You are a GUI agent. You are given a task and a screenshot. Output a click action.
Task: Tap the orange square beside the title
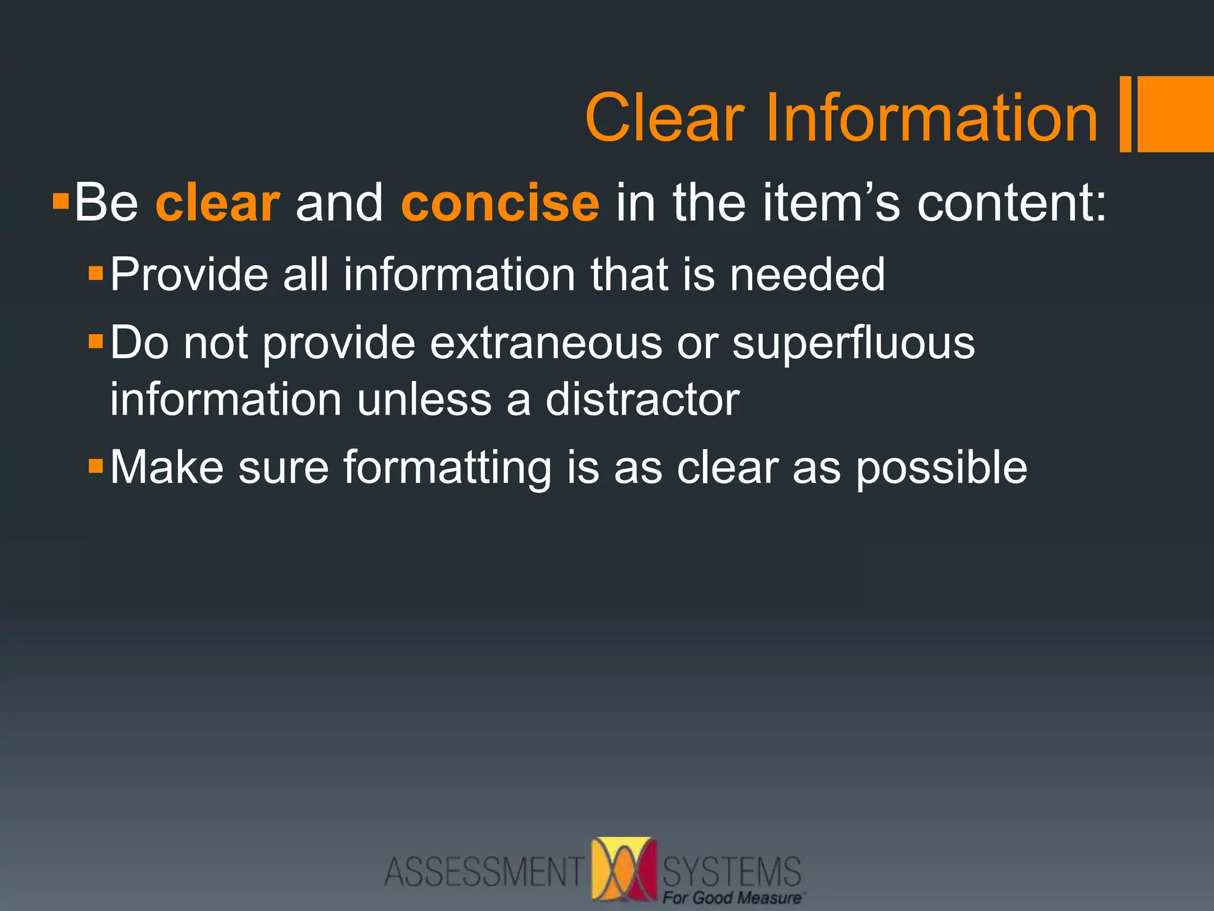click(1175, 114)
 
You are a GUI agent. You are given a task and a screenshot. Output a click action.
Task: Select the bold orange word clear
click(217, 203)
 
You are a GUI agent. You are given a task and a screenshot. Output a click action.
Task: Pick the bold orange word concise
click(500, 203)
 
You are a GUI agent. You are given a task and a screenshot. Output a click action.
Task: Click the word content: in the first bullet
click(1011, 203)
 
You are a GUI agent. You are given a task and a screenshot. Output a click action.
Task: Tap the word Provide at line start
click(189, 275)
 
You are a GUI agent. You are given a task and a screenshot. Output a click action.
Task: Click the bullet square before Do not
click(95, 342)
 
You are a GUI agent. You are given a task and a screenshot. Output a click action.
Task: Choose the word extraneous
click(545, 343)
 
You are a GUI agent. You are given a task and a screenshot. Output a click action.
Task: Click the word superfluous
click(853, 343)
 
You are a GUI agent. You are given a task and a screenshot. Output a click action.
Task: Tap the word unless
click(424, 399)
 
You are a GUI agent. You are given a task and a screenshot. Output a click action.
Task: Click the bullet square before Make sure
click(95, 466)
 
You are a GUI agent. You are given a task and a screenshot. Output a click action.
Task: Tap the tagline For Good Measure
click(732, 897)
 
